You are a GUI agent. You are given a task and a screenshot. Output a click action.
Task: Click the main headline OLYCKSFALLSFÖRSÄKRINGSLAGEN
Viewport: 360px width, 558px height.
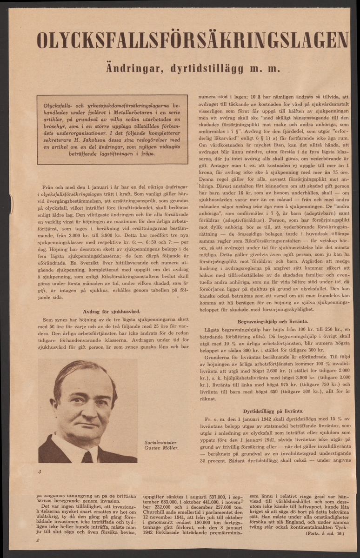point(192,40)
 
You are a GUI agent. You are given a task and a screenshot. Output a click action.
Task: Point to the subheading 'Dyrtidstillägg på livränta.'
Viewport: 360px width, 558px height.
point(273,411)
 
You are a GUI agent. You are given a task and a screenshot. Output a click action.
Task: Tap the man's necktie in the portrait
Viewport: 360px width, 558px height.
point(87,457)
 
